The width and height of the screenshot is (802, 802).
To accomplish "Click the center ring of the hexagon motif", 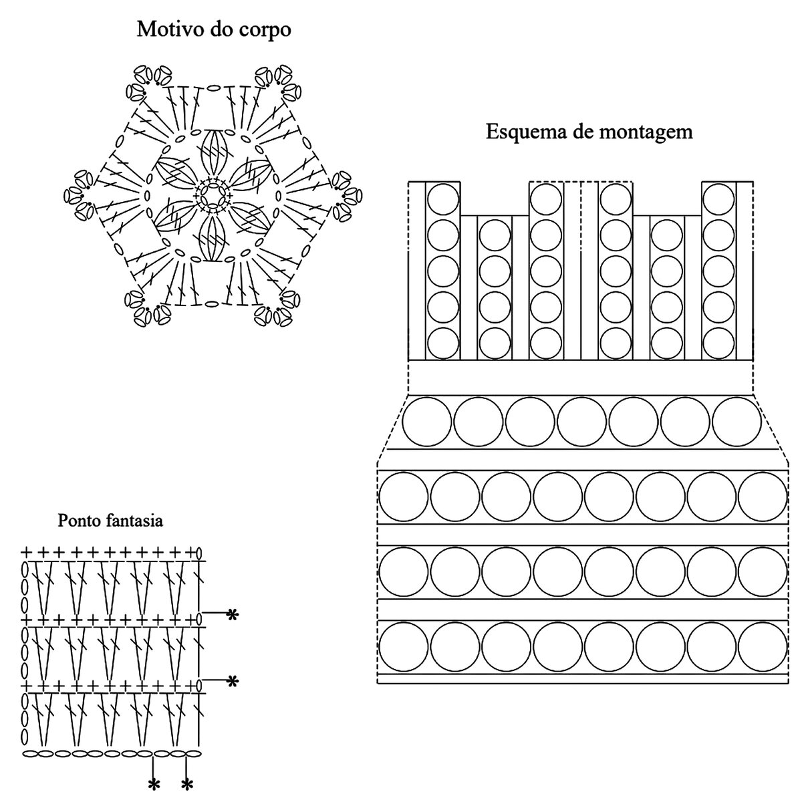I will pos(213,194).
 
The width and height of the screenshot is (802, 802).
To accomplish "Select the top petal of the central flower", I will pos(213,152).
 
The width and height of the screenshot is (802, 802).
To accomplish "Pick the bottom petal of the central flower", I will pos(213,239).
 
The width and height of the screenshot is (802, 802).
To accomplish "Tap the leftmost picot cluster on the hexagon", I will pos(78,195).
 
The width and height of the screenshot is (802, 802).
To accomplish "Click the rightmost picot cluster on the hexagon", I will pos(347,194).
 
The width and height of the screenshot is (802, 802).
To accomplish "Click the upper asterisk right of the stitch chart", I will pos(232,614).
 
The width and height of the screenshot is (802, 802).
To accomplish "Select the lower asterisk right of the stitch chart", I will pos(232,682).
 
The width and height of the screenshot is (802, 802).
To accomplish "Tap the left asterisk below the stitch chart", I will pos(154,784).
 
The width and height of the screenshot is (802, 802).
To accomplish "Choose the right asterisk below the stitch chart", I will pos(188,784).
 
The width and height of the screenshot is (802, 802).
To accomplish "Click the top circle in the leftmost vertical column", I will pos(442,198).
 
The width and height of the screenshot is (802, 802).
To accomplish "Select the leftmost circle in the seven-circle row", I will pos(427,422).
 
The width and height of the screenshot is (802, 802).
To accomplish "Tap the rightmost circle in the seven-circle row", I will pos(737,422).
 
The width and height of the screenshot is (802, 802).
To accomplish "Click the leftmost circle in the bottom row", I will pos(403,646).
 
